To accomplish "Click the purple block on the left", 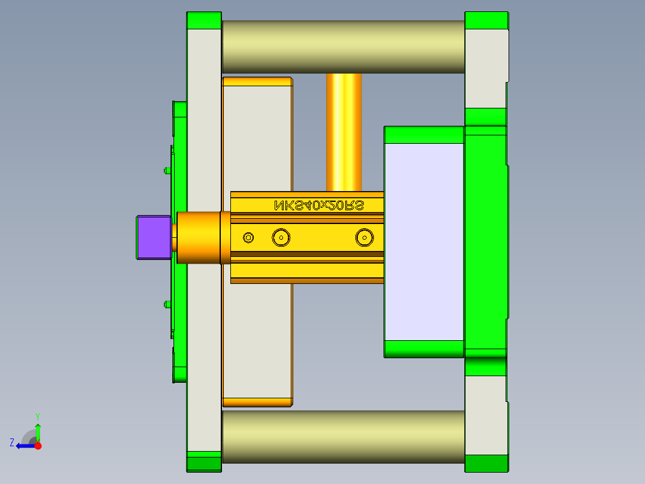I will pos(154,237).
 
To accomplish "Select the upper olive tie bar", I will pos(343,47).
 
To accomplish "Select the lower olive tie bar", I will pos(343,436).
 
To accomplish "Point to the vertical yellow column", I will pos(344,132).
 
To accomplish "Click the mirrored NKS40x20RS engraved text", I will pos(319,205).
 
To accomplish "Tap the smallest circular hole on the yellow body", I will pos(248,238).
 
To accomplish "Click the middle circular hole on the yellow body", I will pos(281,238).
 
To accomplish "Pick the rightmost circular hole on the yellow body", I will pos(364,238).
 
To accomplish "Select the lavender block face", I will pos(424,241).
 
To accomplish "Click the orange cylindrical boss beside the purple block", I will pos(197,237).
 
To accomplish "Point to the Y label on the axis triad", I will pos(37,415).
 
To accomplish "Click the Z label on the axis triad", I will pos(12,443).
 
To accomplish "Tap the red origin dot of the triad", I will pos(38,446).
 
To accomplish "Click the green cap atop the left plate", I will pos(204,20).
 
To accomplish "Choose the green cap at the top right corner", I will pos(486,20).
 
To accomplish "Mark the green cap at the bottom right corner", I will pos(486,463).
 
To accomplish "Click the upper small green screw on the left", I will pos(166,171).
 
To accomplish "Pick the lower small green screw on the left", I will pos(166,304).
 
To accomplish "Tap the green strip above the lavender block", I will pos(424,135).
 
